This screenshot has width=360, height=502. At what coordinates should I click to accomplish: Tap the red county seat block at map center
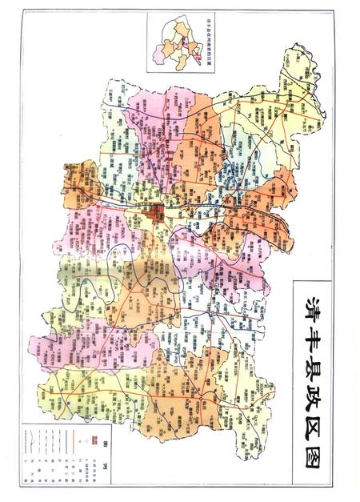coord(158,212)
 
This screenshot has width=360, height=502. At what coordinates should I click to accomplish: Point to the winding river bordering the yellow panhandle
coord(314,80)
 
